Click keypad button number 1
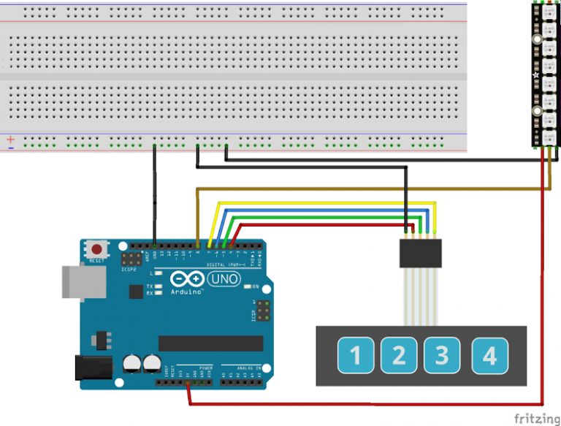[x=356, y=356]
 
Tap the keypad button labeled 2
[x=399, y=356]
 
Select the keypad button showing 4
[x=489, y=356]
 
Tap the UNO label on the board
[x=224, y=279]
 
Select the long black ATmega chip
[x=210, y=343]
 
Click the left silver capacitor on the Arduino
[x=132, y=362]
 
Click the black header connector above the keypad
[x=420, y=254]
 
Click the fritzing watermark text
[x=537, y=418]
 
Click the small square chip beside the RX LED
[x=135, y=292]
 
